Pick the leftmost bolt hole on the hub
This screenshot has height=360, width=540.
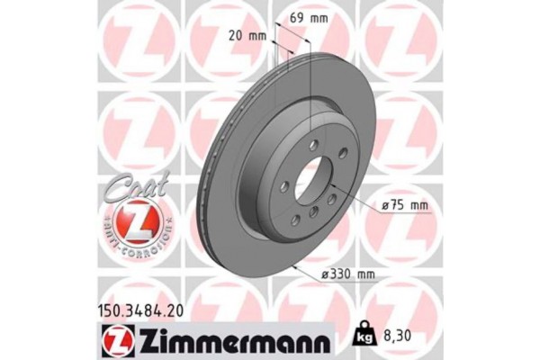(283, 185)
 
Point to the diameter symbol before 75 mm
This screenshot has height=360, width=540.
(385, 207)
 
